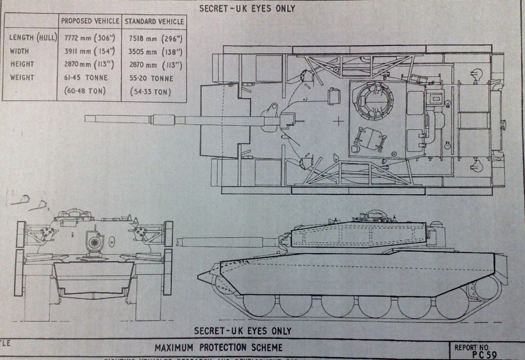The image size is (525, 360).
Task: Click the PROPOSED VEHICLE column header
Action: [90, 21]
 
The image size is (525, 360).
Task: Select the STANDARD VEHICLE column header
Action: [154, 21]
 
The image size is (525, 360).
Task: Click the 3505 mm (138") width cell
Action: [155, 52]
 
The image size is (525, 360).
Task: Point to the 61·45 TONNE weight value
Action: [84, 78]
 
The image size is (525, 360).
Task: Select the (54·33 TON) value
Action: [150, 92]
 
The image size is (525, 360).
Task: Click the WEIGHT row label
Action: [22, 78]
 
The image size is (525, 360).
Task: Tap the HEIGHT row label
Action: [22, 65]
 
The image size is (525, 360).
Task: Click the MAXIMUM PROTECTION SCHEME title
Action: [219, 347]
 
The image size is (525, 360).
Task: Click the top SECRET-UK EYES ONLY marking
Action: [247, 8]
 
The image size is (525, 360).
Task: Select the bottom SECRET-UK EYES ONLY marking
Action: [243, 330]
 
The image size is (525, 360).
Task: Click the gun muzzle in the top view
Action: [87, 118]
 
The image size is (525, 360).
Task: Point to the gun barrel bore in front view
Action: [95, 242]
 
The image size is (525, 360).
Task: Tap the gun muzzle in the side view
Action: [178, 241]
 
